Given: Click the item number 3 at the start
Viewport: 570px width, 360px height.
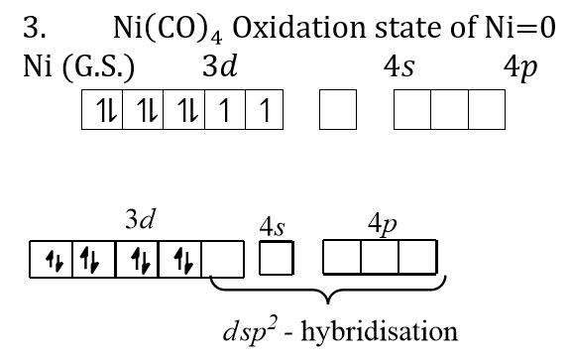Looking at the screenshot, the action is (x=34, y=28).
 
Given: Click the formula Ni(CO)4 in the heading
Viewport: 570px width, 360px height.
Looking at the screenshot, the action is (x=168, y=29).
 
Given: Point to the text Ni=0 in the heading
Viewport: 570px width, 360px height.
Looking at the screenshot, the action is (x=520, y=28).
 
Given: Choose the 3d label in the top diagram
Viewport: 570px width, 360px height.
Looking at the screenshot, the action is (x=220, y=66).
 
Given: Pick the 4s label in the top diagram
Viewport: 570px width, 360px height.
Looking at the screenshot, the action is (x=399, y=66).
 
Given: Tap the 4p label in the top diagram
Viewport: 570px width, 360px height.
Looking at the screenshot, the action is (x=520, y=68).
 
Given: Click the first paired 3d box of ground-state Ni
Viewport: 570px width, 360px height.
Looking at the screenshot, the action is (x=102, y=109).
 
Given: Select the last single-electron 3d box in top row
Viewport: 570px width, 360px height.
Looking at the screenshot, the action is (x=265, y=109).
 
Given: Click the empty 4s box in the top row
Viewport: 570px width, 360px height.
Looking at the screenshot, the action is (x=338, y=109).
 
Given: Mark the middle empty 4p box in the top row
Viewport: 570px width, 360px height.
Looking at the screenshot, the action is (x=449, y=109).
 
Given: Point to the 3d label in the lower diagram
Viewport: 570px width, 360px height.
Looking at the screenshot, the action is (x=141, y=219).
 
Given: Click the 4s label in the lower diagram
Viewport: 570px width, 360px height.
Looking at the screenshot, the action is (x=272, y=227).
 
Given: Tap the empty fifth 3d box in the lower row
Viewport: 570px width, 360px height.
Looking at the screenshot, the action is (x=222, y=259).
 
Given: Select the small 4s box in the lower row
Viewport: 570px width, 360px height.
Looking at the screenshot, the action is (x=276, y=258).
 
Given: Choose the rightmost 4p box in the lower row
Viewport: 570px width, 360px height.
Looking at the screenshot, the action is (x=417, y=257).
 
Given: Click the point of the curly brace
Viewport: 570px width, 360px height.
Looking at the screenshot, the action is (x=328, y=303).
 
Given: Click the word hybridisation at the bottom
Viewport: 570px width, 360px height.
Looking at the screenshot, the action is (x=379, y=331).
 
